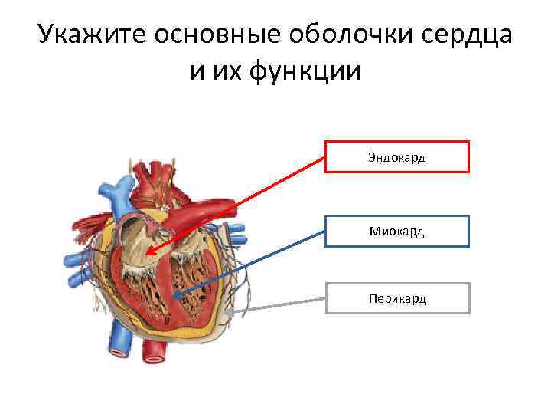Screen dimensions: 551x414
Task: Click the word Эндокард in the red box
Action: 396,157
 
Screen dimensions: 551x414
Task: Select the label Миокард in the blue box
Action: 396,231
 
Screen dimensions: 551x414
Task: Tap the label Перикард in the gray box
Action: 397,298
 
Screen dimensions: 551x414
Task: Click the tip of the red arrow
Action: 147,255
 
